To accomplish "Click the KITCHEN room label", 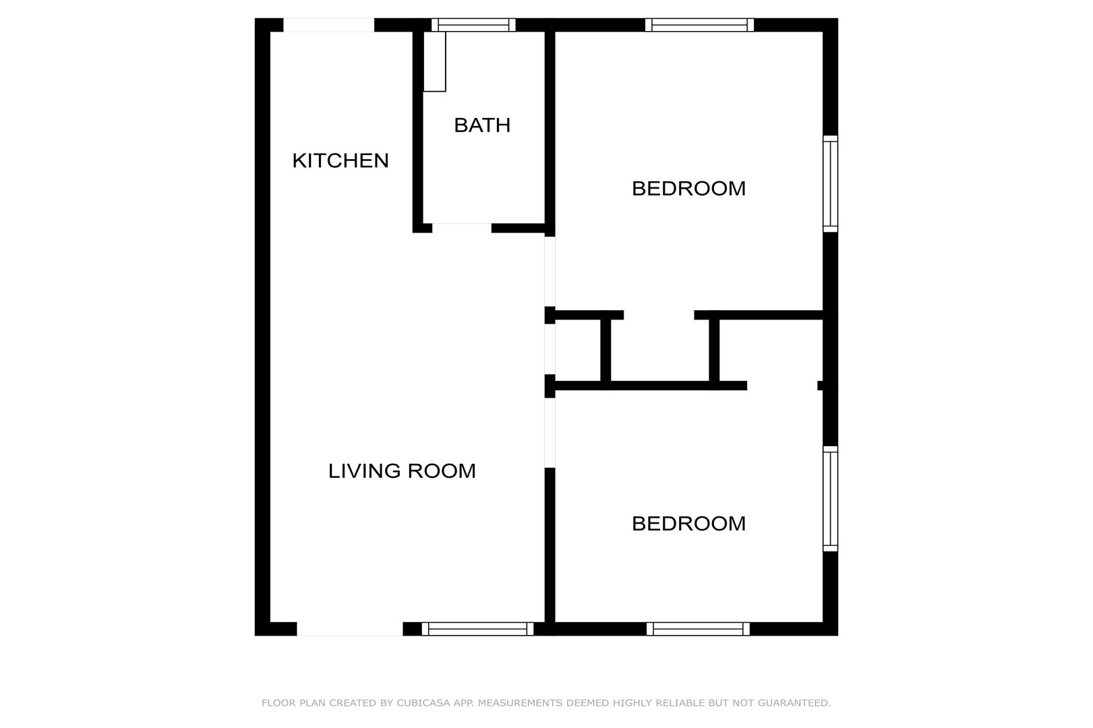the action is (340, 160).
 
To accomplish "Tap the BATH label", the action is (482, 125).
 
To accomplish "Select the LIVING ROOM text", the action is (402, 471).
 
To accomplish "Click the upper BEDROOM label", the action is (688, 188).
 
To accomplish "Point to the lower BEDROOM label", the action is (688, 524).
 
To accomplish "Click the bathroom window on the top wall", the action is (473, 25).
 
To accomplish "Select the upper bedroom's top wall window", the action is (699, 25).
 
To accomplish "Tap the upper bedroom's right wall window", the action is (831, 184).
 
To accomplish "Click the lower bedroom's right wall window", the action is (831, 499).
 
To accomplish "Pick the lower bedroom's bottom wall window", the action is (698, 629).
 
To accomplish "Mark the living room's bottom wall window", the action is (477, 629).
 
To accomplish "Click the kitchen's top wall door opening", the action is (329, 25).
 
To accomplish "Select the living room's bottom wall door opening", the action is (350, 629).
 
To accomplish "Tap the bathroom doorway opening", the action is (462, 228).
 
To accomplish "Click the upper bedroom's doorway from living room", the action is (550, 271).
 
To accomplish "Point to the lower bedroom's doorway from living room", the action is (550, 433).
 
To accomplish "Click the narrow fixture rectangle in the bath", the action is (434, 61).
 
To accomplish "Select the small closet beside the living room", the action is (578, 351).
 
